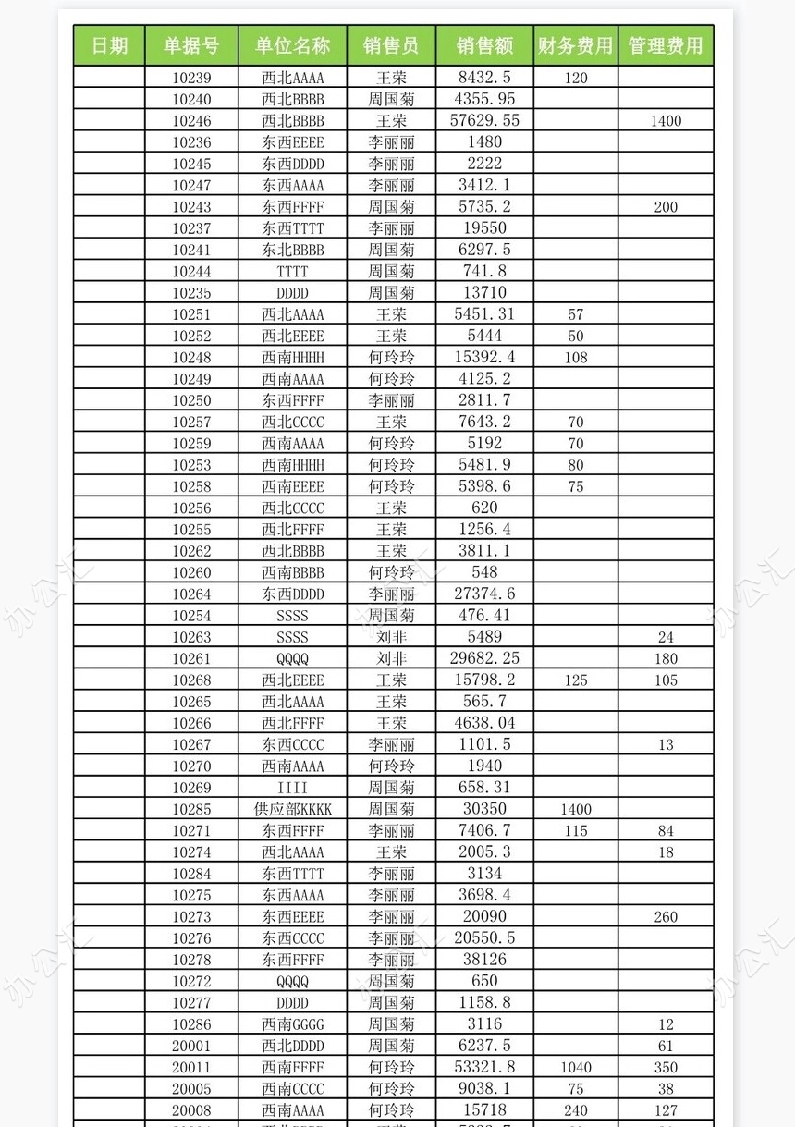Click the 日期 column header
coord(109,45)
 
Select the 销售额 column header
coord(485,45)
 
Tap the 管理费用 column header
coord(666,45)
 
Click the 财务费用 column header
coord(575,45)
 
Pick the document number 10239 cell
coord(191,78)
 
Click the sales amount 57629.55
coord(485,120)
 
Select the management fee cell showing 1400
coord(666,120)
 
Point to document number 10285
coord(191,809)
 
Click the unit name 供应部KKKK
coord(293,809)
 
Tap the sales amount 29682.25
coord(485,658)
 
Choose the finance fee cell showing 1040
coord(575,1067)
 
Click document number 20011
coord(191,1067)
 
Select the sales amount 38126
coord(485,960)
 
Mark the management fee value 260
coord(666,916)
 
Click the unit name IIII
coord(293,788)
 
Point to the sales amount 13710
coord(485,292)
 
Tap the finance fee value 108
coord(575,357)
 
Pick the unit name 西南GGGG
coord(293,1024)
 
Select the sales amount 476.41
coord(485,615)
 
